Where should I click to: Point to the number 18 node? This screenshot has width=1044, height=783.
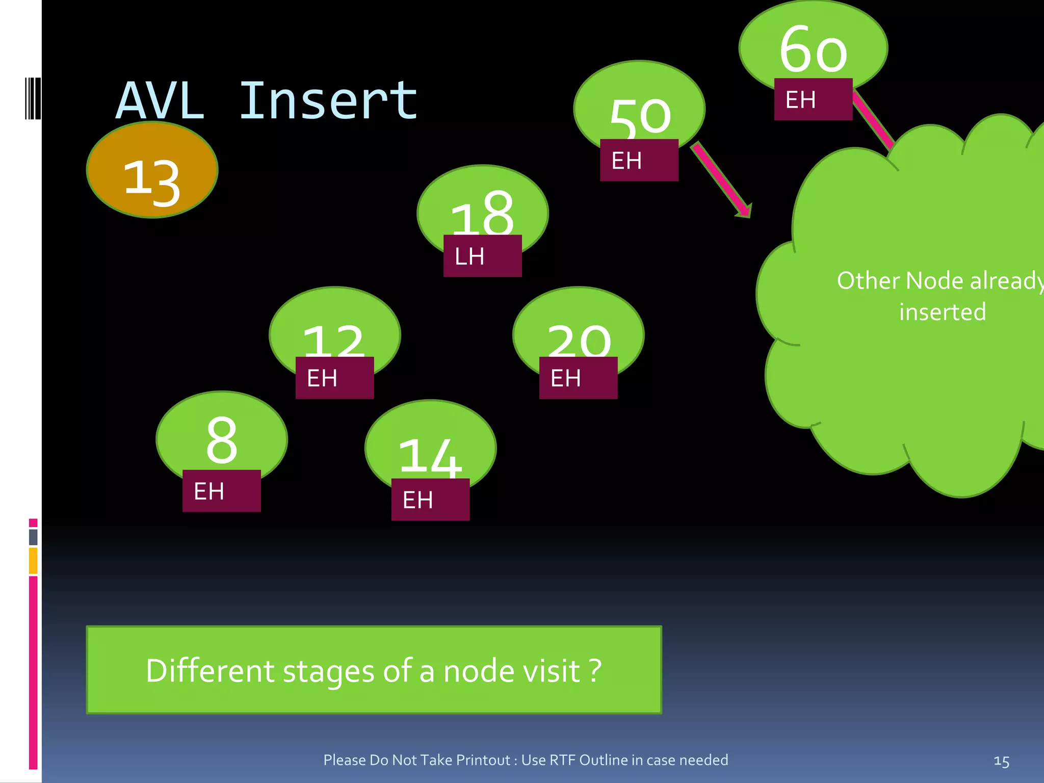tap(482, 212)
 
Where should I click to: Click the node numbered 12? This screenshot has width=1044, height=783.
tap(334, 336)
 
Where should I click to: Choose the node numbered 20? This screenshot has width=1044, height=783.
tap(578, 336)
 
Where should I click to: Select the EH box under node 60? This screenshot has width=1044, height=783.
tap(813, 99)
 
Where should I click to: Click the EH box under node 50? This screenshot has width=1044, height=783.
tap(639, 161)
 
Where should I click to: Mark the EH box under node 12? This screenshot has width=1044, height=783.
tap(334, 378)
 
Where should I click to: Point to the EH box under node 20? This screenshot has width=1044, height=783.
tap(578, 378)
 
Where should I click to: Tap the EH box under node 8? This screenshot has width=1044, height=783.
tap(221, 491)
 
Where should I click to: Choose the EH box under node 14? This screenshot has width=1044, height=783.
tap(430, 500)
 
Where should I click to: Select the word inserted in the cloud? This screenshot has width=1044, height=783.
tap(942, 311)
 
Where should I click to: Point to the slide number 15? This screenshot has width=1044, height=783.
tap(1001, 761)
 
